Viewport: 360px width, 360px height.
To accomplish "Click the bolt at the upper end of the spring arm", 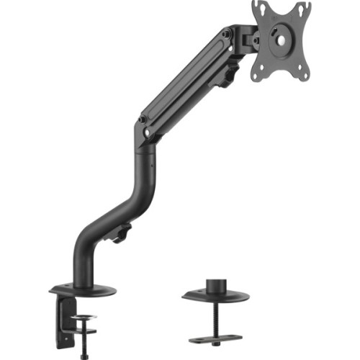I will pyautogui.click(x=227, y=34).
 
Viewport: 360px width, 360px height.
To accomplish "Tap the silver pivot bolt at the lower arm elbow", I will pyautogui.click(x=147, y=132).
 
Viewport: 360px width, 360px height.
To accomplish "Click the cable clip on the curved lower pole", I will pyautogui.click(x=122, y=232).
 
